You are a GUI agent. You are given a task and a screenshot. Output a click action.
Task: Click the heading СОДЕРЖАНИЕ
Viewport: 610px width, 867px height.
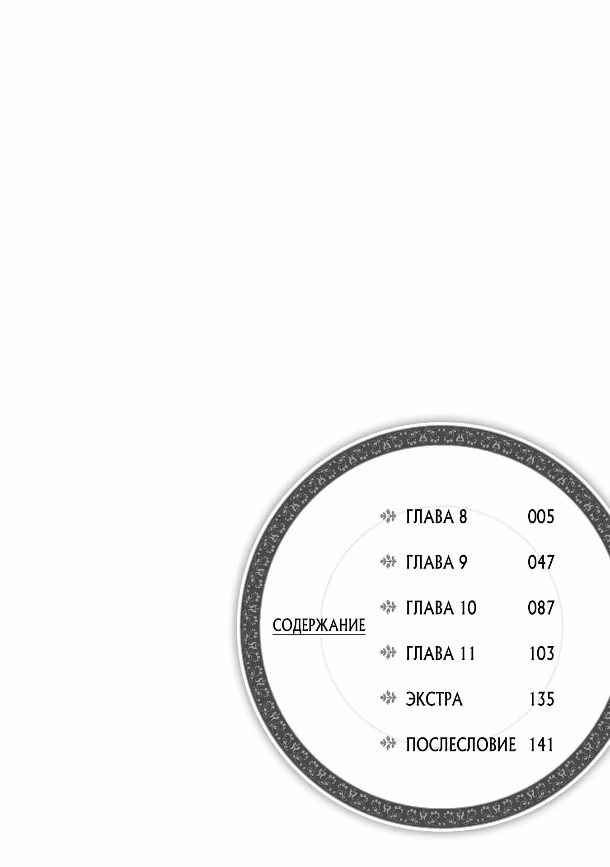(319, 625)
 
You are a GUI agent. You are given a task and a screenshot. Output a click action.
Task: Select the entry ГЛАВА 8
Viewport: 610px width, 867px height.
(436, 517)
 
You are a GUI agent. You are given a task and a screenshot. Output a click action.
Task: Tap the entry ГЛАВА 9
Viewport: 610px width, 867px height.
(436, 562)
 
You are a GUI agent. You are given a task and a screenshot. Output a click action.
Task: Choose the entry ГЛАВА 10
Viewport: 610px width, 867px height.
(441, 608)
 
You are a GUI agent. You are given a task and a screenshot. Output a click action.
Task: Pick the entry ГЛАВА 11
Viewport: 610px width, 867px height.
(441, 653)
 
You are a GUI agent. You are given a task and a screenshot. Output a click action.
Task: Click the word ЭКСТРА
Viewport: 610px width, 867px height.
(434, 699)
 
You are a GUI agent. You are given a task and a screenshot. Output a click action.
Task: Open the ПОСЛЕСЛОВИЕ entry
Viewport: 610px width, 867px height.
(461, 745)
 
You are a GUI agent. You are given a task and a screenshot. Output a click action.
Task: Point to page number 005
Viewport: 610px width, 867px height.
(541, 517)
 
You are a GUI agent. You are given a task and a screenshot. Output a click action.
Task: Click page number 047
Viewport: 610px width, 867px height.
(541, 562)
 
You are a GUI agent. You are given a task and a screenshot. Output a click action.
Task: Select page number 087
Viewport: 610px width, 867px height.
(541, 608)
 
